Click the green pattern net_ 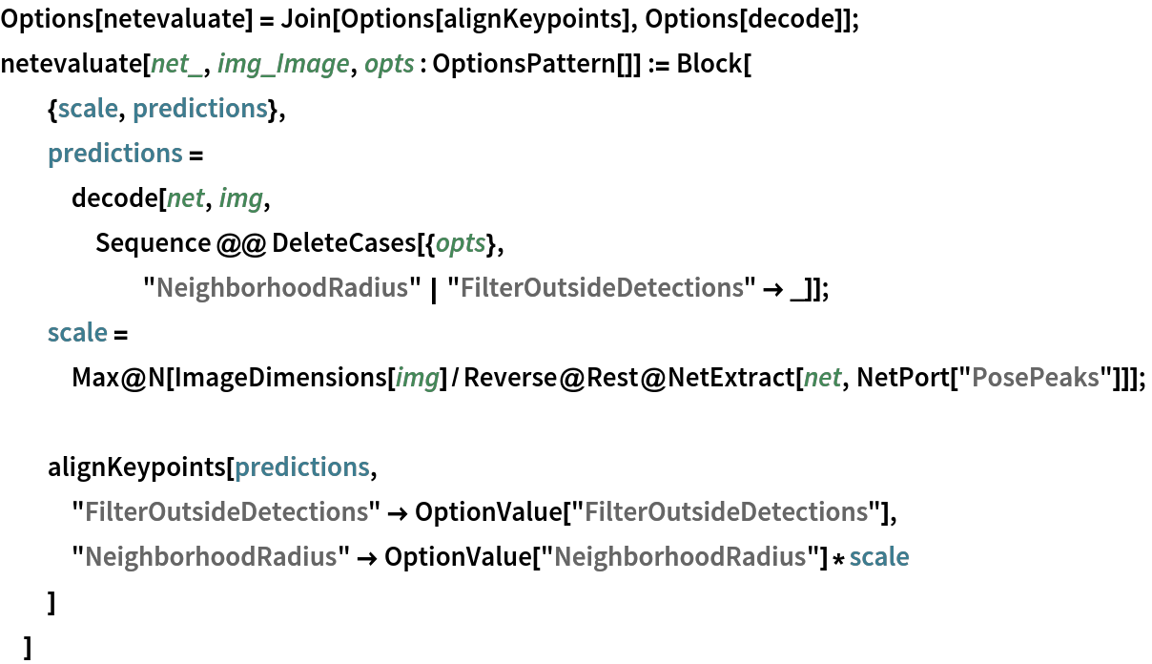(176, 64)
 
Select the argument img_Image (283, 64)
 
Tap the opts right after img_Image (389, 64)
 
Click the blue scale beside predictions (88, 109)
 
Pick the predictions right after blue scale (199, 109)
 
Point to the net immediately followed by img (185, 198)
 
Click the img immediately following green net (240, 198)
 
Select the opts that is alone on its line (461, 243)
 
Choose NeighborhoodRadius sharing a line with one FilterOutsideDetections (281, 288)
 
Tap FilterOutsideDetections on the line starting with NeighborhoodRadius (602, 288)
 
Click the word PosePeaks (1035, 378)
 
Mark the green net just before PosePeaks (822, 378)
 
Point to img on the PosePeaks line (417, 378)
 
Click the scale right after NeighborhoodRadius (879, 557)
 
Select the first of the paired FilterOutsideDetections (226, 512)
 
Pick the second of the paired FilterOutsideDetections (726, 512)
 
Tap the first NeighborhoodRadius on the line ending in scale (211, 557)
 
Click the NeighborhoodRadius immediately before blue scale (680, 557)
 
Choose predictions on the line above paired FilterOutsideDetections (301, 467)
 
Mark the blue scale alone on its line (77, 333)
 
